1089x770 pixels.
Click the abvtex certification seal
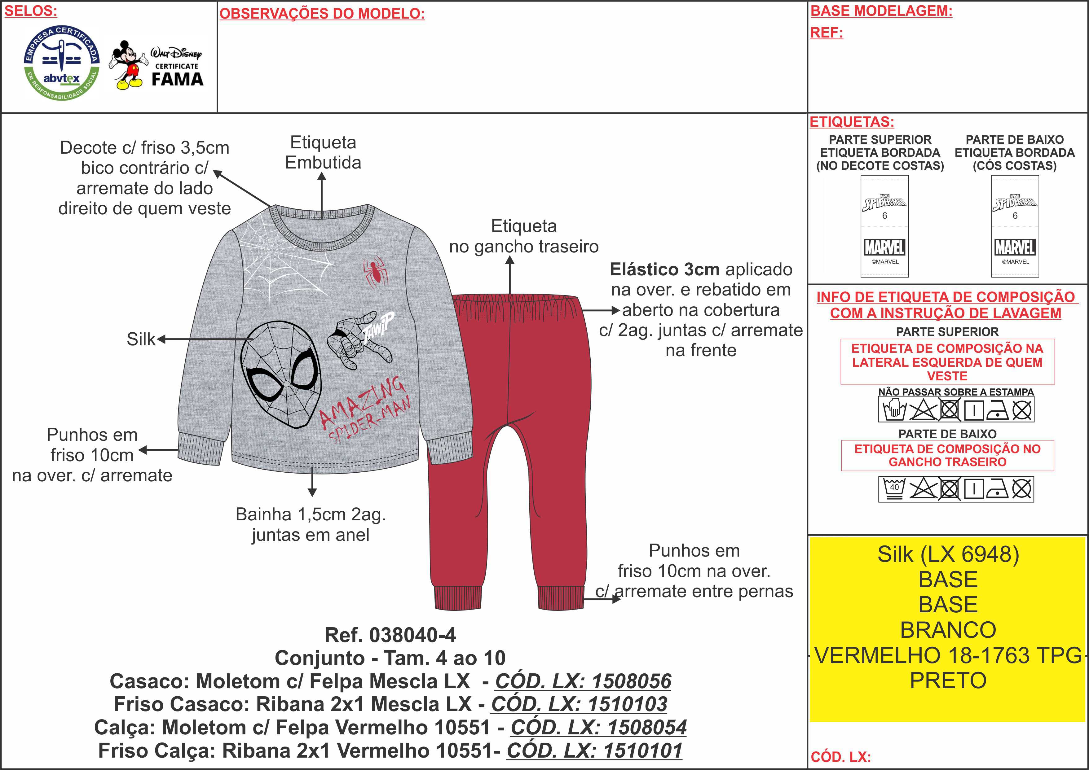pos(62,63)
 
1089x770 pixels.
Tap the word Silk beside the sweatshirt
pos(141,339)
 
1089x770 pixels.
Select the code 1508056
pos(583,681)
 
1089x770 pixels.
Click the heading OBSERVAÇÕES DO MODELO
pos(322,14)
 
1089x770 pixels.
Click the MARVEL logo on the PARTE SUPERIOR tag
pos(884,247)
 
